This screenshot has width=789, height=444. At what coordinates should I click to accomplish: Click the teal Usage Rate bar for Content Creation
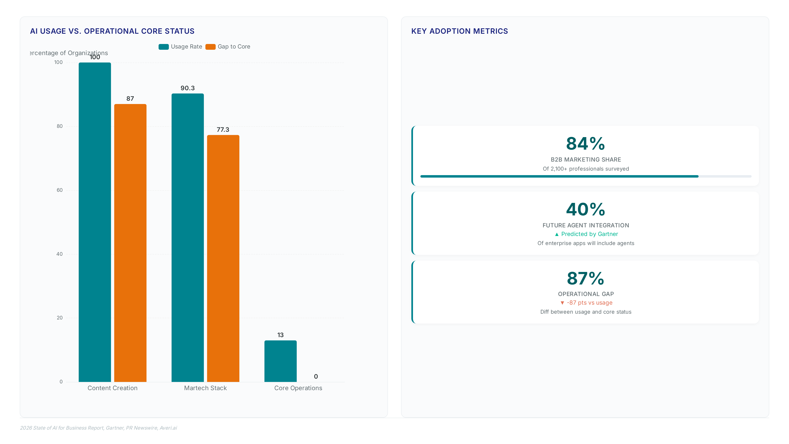pyautogui.click(x=95, y=222)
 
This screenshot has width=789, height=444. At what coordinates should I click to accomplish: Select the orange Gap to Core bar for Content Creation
pyautogui.click(x=130, y=243)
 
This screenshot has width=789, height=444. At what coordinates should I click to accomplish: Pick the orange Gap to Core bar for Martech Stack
pyautogui.click(x=223, y=258)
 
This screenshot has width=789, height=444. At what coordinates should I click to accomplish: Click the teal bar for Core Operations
pyautogui.click(x=280, y=361)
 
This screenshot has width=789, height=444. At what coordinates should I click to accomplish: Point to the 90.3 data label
pyautogui.click(x=187, y=88)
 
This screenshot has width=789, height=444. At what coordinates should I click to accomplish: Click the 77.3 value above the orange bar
pyautogui.click(x=223, y=130)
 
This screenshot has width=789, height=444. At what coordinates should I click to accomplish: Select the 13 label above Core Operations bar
pyautogui.click(x=280, y=335)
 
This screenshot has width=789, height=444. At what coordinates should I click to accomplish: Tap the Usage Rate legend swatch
pyautogui.click(x=164, y=47)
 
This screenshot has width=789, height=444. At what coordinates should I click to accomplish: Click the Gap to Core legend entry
pyautogui.click(x=228, y=47)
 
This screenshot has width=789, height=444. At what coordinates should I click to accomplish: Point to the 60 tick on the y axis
pyautogui.click(x=59, y=190)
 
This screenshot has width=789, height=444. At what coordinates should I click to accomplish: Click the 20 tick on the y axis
pyautogui.click(x=59, y=318)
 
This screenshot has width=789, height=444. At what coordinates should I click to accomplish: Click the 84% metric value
pyautogui.click(x=586, y=144)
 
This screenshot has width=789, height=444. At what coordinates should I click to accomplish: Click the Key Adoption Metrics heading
pyautogui.click(x=459, y=31)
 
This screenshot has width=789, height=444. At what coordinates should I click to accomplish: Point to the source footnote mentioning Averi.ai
pyautogui.click(x=98, y=428)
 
